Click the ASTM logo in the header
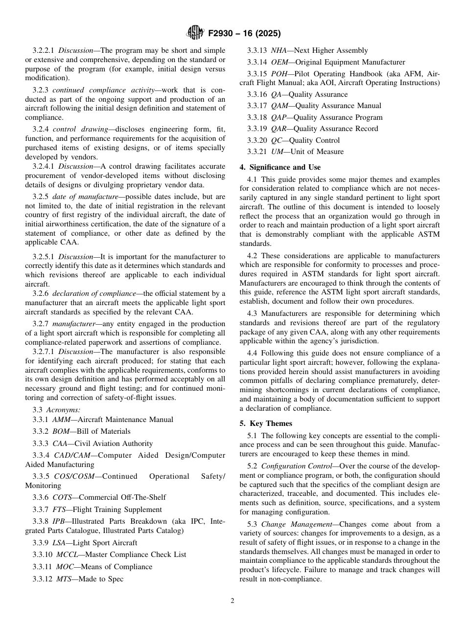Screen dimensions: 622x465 (195, 33)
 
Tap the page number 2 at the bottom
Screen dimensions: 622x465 (232, 601)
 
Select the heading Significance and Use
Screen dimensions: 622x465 (280, 167)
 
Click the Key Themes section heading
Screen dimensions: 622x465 (271, 423)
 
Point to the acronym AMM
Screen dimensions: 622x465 (61, 420)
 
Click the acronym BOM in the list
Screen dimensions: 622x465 (61, 431)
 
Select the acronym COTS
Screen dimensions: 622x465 (61, 497)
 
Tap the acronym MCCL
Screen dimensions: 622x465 (66, 555)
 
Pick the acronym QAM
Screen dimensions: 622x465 (279, 106)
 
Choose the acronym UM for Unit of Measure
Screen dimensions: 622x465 (276, 152)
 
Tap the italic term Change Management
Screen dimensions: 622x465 (290, 524)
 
